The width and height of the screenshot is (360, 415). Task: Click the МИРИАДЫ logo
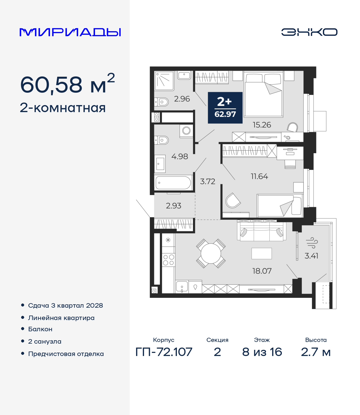tap(70, 32)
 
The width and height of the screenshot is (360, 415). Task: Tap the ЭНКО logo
tap(309, 32)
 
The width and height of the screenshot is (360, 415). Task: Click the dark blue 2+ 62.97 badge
tap(225, 108)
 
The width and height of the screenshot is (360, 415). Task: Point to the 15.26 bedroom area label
tap(262, 125)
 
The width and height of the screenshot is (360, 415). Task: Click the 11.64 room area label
tap(259, 176)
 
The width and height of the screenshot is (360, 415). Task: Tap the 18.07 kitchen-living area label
tap(262, 271)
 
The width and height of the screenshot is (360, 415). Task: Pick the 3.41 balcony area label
tap(311, 256)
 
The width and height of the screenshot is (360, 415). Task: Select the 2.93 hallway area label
tap(174, 206)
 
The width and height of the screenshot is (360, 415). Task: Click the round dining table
tap(211, 253)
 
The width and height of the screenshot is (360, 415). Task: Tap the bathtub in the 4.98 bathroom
tap(173, 183)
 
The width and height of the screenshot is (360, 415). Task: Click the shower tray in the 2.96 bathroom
tap(164, 81)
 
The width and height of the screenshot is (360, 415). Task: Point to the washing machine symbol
tap(186, 131)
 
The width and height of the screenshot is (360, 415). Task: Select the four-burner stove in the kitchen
tap(168, 260)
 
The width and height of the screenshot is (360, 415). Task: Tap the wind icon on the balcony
tap(312, 243)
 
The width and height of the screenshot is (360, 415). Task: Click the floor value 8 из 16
tap(262, 352)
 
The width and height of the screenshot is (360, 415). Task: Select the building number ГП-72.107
tap(164, 352)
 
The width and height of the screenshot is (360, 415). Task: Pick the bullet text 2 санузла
tap(45, 341)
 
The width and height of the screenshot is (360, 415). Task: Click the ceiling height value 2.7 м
tap(316, 352)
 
